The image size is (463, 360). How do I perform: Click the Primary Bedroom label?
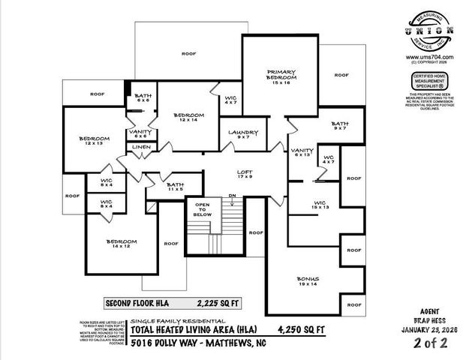point(281,76)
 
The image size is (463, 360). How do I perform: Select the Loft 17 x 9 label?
point(245,174)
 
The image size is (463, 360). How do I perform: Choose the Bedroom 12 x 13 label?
point(95,140)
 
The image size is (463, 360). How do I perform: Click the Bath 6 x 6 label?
point(143,98)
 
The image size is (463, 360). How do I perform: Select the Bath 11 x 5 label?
point(175,187)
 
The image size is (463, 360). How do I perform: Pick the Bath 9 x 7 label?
point(340,126)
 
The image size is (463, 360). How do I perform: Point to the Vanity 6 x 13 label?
point(302,152)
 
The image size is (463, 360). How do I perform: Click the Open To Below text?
point(202,209)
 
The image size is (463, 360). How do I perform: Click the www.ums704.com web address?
point(428,57)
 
